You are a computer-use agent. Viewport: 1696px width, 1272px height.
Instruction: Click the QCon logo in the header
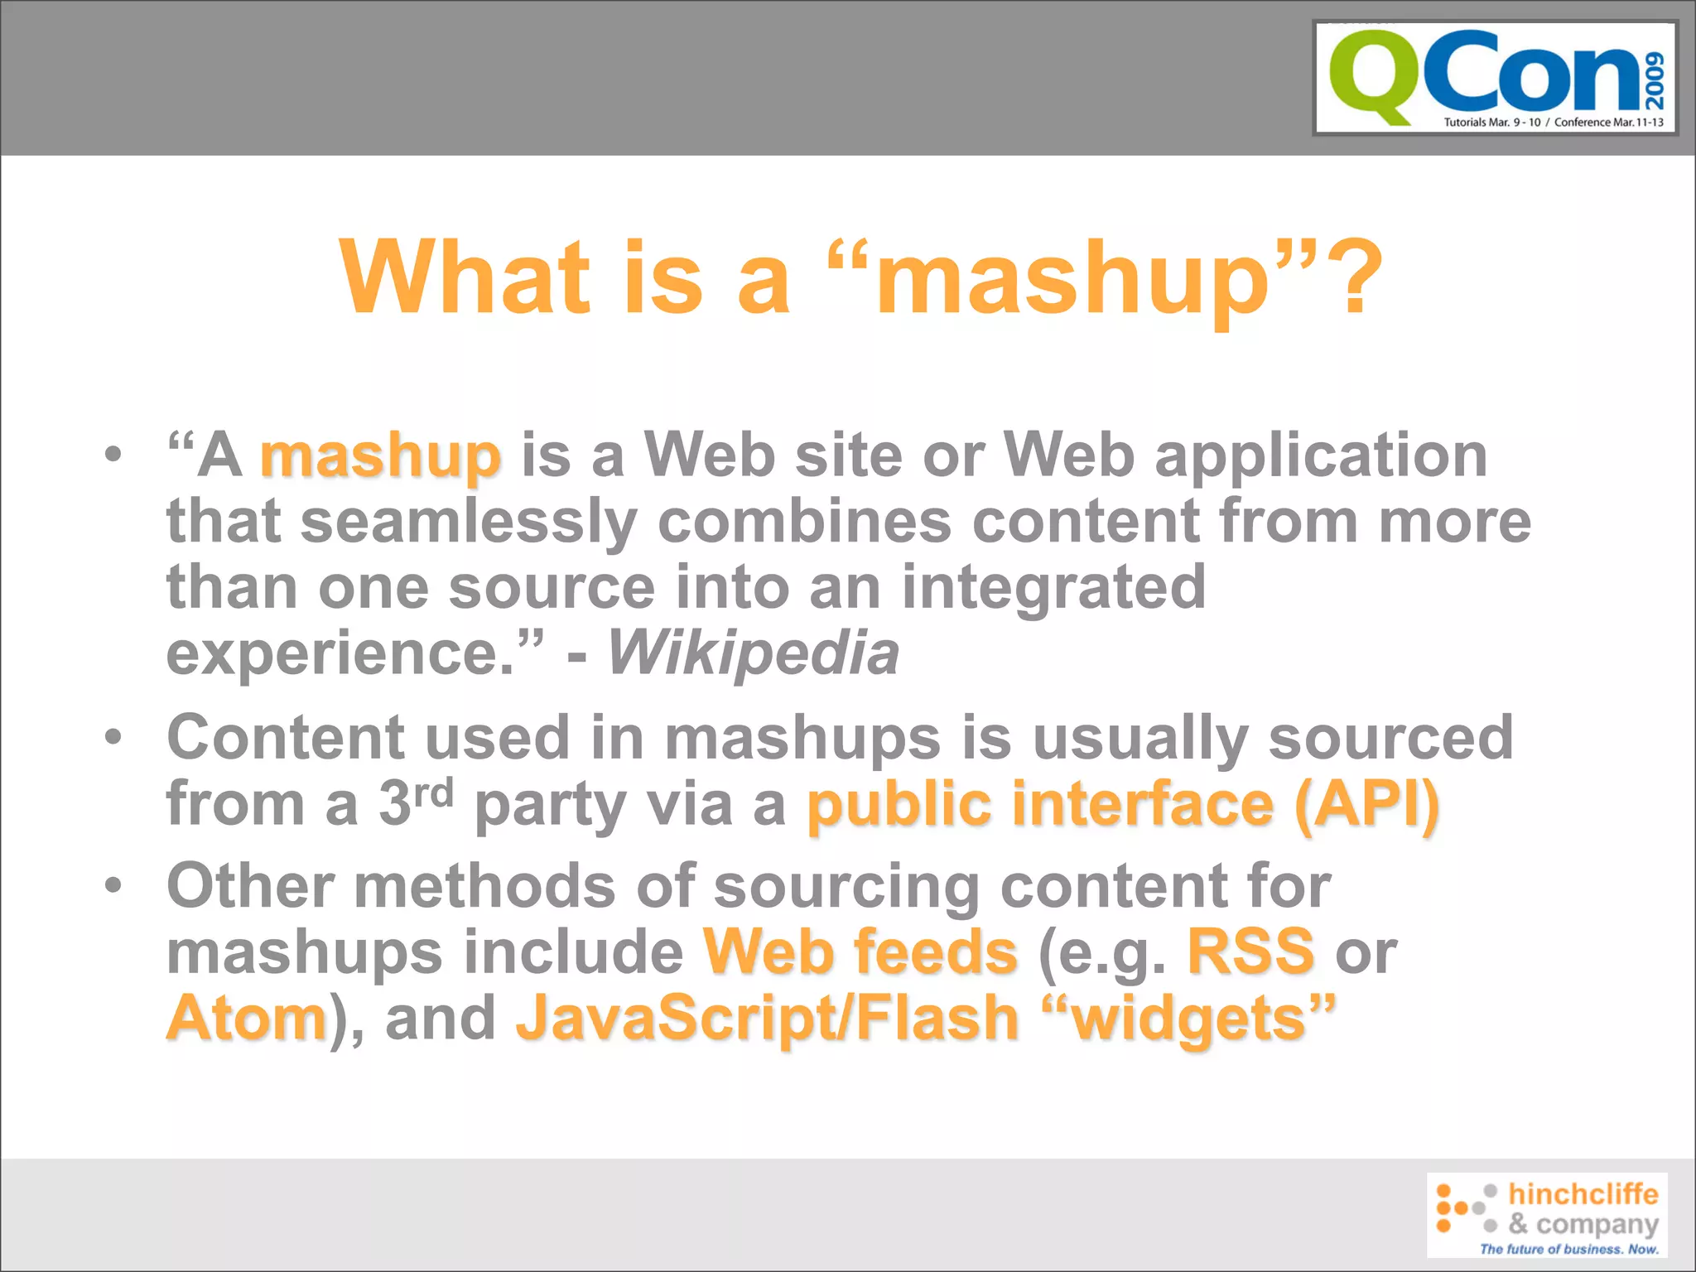click(1495, 78)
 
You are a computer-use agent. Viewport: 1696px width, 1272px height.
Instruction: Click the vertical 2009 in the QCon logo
click(1655, 80)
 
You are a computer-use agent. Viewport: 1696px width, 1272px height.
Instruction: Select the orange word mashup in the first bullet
click(380, 458)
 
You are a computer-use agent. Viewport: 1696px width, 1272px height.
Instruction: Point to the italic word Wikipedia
click(753, 653)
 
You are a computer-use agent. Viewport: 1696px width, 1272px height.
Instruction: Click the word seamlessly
click(469, 522)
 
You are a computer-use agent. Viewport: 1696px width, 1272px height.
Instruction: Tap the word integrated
click(1053, 586)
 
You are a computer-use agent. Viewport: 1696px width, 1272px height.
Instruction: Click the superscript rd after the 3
click(434, 793)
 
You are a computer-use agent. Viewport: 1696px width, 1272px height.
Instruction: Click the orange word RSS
click(1250, 952)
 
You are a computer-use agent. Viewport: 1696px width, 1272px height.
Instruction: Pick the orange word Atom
click(247, 1018)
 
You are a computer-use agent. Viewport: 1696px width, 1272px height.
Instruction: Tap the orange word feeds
click(936, 952)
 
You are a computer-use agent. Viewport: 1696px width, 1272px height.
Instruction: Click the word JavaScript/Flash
click(767, 1018)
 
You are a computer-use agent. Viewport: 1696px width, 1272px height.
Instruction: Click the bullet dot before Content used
click(113, 736)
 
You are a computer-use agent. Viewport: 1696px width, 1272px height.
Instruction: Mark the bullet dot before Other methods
click(113, 884)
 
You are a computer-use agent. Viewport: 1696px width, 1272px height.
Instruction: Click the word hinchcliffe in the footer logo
click(1583, 1193)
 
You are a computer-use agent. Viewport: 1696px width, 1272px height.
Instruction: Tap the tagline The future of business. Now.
click(1568, 1249)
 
